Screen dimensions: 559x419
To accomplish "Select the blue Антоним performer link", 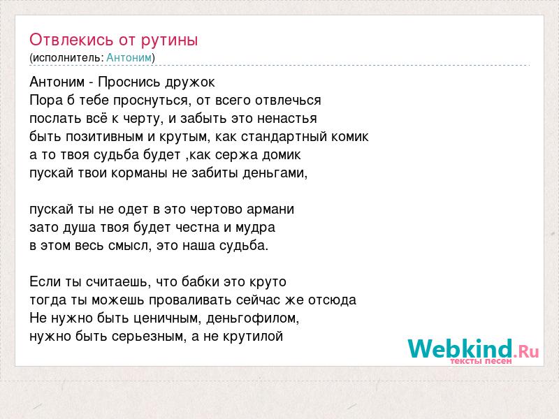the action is tap(129, 58).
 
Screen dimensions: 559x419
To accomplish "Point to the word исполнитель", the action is tap(68, 58).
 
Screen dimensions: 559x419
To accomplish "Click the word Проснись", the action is tap(124, 82).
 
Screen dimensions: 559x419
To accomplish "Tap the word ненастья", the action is tap(286, 118).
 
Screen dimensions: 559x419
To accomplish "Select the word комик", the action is tap(350, 136).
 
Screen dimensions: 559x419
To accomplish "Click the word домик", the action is tap(282, 155).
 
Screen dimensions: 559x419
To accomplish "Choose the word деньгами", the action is tap(275, 173).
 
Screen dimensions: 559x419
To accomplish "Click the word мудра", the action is tap(255, 228).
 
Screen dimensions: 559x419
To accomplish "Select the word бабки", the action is tap(201, 282).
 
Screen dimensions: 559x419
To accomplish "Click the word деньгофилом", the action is tap(252, 318).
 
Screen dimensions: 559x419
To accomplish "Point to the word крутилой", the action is tap(253, 337).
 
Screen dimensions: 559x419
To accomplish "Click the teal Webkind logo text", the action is tap(460, 348).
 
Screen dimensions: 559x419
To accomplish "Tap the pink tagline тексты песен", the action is tap(481, 361).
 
